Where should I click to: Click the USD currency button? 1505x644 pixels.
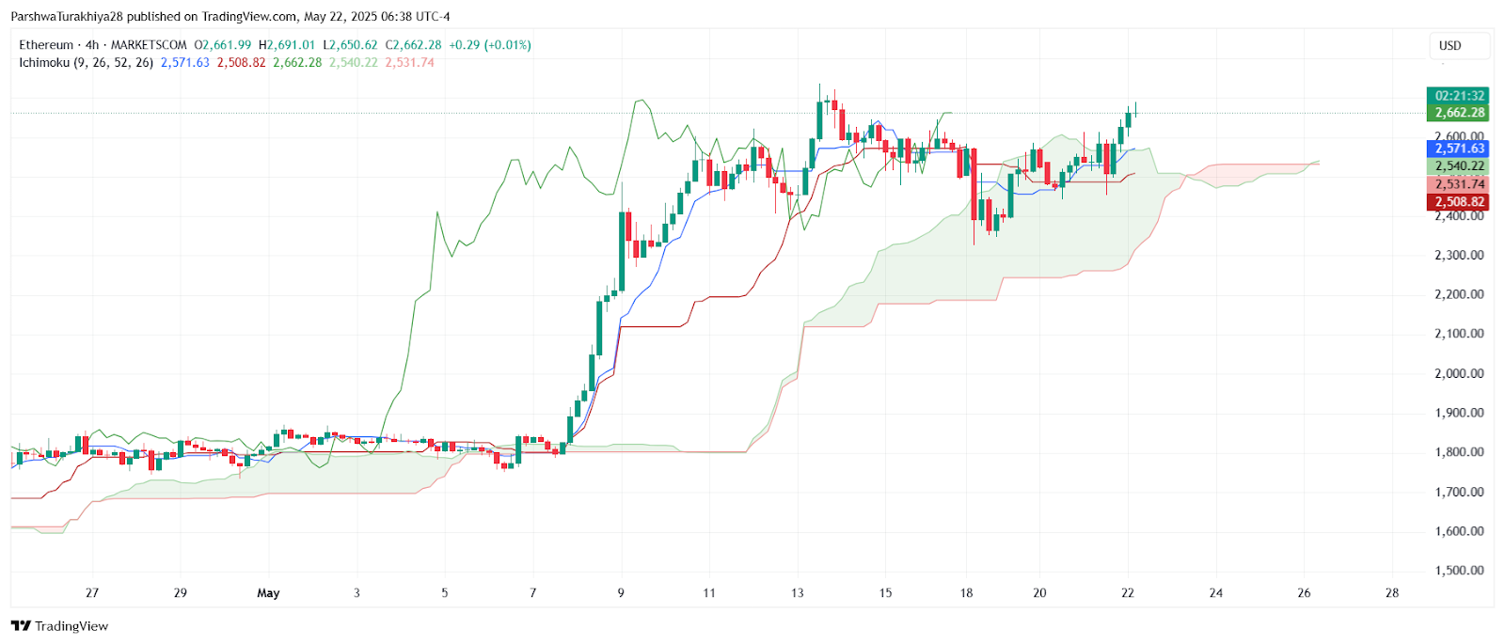(x=1450, y=45)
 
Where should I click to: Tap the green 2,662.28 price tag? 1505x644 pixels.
(x=1459, y=113)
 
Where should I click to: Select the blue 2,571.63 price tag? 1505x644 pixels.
(x=1459, y=149)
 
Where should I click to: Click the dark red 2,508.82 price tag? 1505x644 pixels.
(x=1459, y=202)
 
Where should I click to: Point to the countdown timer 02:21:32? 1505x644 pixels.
(x=1459, y=96)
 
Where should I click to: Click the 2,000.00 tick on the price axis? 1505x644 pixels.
(x=1459, y=373)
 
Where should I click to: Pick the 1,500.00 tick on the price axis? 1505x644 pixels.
(x=1459, y=571)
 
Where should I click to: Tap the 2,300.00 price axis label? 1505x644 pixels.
(x=1459, y=256)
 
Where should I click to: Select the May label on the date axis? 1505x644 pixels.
(x=268, y=593)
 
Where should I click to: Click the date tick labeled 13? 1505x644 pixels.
(x=798, y=593)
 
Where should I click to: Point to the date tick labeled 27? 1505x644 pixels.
(x=92, y=593)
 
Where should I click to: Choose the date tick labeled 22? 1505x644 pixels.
(x=1128, y=593)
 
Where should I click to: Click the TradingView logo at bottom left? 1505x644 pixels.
(x=60, y=626)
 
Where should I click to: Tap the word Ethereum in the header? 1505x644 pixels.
(x=46, y=45)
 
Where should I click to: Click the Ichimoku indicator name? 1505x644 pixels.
(x=43, y=63)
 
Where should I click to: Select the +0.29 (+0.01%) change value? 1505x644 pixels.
(x=489, y=45)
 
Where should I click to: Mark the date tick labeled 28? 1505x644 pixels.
(x=1392, y=593)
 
